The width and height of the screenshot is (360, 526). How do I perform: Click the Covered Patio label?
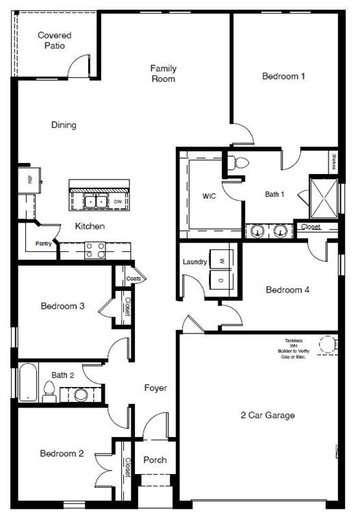pos(54,40)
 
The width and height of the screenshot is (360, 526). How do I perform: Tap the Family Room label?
pos(164,73)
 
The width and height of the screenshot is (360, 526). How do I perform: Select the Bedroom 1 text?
pos(283,76)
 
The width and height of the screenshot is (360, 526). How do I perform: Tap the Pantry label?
pos(43,243)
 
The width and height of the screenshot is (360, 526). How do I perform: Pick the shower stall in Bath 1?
pos(324,197)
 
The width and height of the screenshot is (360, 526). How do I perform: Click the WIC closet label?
pos(209,196)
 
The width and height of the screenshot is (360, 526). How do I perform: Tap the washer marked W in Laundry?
pos(220,259)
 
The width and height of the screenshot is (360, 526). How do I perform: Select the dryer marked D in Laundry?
pos(220,281)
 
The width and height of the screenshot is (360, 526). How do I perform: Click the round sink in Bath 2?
pos(81,394)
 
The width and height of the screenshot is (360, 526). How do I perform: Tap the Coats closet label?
pos(133,279)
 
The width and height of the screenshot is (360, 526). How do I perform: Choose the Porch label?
pos(155,460)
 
